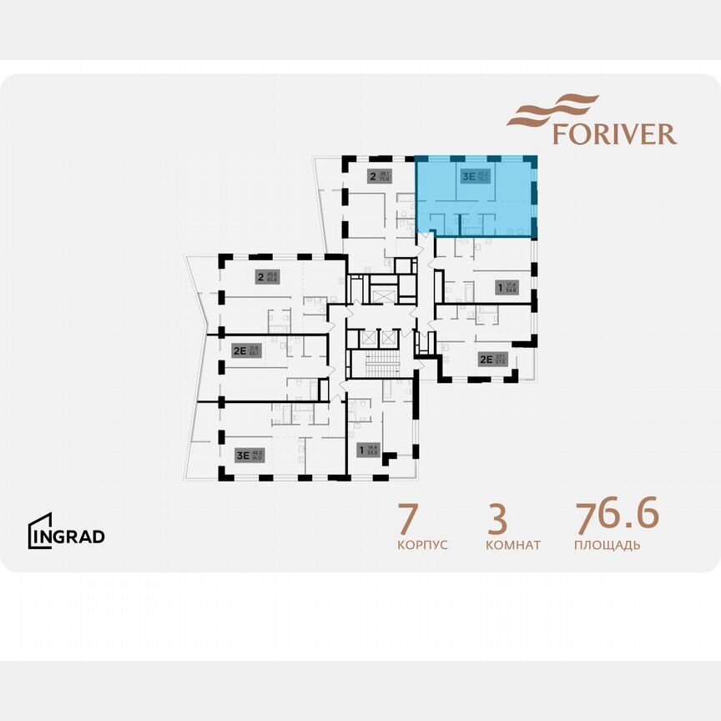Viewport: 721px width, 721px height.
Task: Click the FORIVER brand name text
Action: pos(614,134)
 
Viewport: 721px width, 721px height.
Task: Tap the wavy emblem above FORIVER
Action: pos(554,109)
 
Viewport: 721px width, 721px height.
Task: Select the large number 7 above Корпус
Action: pos(408,519)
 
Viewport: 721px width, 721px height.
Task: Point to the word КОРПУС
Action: pos(423,545)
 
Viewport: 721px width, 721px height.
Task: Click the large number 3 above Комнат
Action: pos(497,519)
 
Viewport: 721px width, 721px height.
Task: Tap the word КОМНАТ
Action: pos(512,545)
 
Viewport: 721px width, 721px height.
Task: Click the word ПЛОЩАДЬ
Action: pos(608,545)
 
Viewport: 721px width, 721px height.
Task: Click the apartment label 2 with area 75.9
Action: pos(373,176)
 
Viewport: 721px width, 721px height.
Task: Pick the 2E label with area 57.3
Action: pos(485,360)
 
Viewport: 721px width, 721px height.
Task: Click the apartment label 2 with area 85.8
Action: pos(260,277)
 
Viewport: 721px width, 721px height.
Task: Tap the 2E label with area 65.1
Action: pos(239,350)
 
